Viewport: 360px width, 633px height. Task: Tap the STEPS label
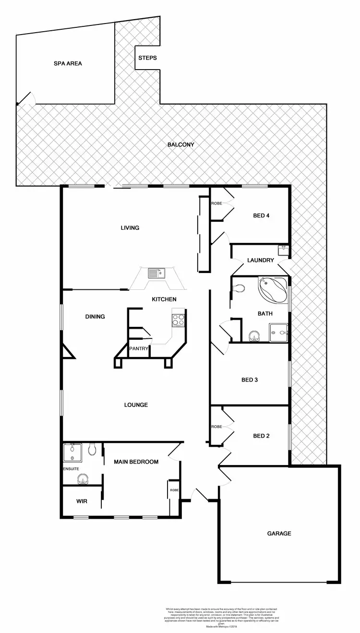point(147,58)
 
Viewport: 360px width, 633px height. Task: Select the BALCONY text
point(180,144)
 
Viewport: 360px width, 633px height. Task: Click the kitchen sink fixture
point(156,274)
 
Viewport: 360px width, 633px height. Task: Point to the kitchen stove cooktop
point(178,319)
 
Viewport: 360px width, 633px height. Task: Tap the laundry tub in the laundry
point(283,251)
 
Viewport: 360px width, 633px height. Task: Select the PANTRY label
point(139,348)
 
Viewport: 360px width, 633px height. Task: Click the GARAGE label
point(279,533)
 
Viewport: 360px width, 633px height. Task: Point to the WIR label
point(82,501)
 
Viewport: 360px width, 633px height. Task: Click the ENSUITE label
point(71,468)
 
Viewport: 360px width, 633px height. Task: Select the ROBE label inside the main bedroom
point(174,490)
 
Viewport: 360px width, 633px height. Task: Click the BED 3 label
point(250,380)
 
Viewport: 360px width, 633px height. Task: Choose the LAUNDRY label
point(261,261)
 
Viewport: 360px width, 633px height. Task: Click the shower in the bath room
point(279,331)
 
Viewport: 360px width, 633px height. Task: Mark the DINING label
point(95,317)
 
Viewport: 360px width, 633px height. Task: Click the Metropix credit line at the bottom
point(218,626)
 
